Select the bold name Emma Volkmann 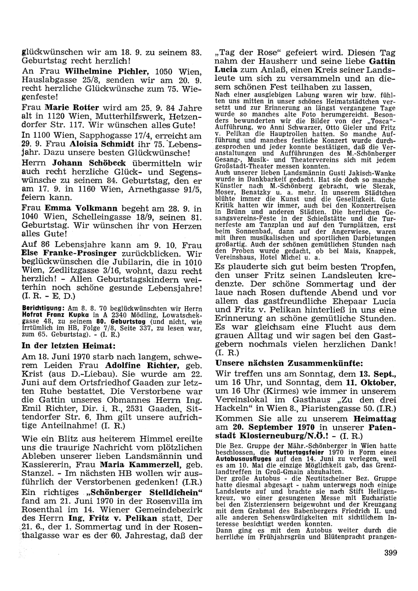(77, 208)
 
